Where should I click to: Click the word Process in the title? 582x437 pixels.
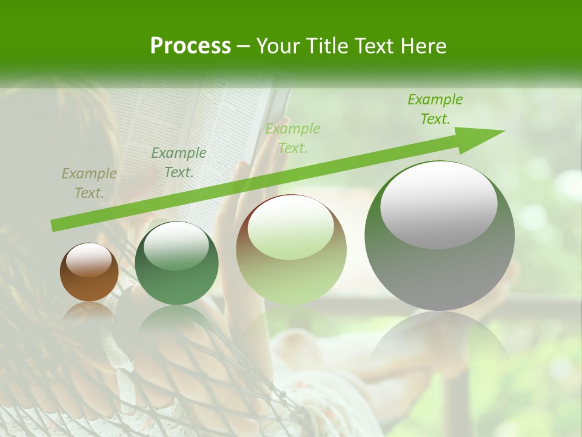[x=190, y=46]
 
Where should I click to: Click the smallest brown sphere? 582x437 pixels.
[x=89, y=273]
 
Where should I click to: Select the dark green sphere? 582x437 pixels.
[x=176, y=264]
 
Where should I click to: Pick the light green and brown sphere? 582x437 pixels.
[x=291, y=250]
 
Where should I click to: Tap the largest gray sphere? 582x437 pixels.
[x=440, y=237]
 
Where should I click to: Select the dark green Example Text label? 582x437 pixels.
[x=179, y=163]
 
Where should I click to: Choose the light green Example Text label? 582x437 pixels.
[x=293, y=138]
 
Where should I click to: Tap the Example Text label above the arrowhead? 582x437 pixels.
[x=435, y=109]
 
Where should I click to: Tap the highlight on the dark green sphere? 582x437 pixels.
[x=176, y=246]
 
